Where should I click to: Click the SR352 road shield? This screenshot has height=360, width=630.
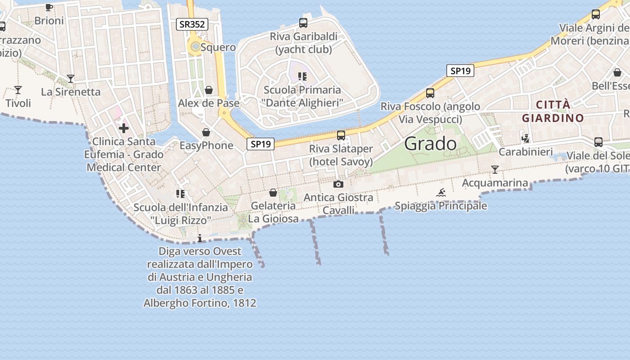coord(192,24)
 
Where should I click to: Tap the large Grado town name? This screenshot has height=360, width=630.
coord(430,144)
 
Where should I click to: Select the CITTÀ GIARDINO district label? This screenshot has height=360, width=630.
coord(553,112)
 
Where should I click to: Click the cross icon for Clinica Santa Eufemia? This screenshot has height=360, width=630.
coord(124,129)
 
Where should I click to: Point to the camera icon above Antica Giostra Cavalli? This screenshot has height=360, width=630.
coord(338,184)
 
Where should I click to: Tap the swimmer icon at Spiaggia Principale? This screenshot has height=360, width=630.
coord(441,193)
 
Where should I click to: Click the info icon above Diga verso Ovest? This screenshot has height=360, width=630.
coord(200,238)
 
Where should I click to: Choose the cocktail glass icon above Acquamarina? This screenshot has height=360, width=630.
coord(495,170)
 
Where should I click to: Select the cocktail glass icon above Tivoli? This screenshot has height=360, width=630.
coord(18,90)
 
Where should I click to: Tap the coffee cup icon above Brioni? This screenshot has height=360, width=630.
coord(49,7)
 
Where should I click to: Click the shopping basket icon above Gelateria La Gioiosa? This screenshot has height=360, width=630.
coord(273,193)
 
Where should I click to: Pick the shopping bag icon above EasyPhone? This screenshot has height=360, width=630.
coord(206,132)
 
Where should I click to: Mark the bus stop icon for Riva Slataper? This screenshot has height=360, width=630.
coord(341,135)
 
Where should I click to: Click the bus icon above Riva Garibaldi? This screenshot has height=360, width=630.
coord(303,22)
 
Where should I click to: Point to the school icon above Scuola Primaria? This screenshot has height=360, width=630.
coord(302,76)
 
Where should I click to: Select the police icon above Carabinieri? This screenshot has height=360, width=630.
coord(525,138)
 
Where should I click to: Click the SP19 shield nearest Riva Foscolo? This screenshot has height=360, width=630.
coord(460,71)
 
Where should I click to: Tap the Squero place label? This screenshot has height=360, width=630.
coord(218,47)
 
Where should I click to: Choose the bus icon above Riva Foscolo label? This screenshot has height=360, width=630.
coord(430,93)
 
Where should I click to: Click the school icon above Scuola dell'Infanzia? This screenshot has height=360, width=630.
coord(180,194)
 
